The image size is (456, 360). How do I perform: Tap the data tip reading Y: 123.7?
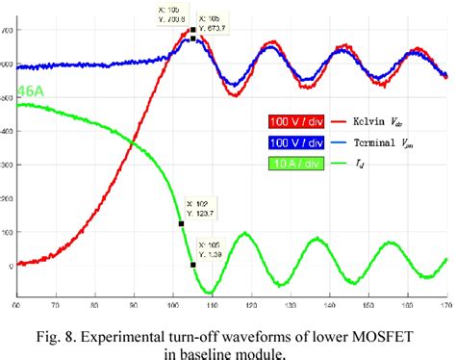201,208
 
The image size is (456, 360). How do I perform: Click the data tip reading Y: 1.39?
212,248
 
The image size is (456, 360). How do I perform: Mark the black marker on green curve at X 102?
181,223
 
